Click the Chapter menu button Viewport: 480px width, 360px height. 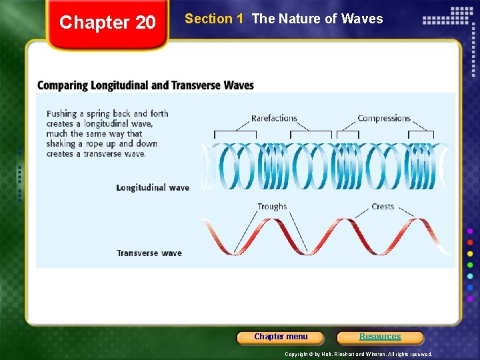(281, 337)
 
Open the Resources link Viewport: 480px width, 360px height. (380, 337)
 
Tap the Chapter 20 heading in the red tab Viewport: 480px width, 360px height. (107, 23)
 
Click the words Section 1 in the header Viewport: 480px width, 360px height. (213, 19)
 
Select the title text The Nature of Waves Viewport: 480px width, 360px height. (317, 19)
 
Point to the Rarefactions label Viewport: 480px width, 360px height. (274, 119)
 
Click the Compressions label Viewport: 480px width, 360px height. (384, 119)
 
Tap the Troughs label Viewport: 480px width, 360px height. (272, 207)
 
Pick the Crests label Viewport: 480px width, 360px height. (383, 207)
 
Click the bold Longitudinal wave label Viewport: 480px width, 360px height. (153, 188)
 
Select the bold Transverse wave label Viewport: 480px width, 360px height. (149, 253)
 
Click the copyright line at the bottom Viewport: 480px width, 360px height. (358, 354)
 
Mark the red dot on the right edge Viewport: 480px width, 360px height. (470, 242)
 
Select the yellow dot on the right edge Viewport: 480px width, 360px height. (470, 253)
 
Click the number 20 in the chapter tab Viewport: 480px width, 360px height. (145, 23)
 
